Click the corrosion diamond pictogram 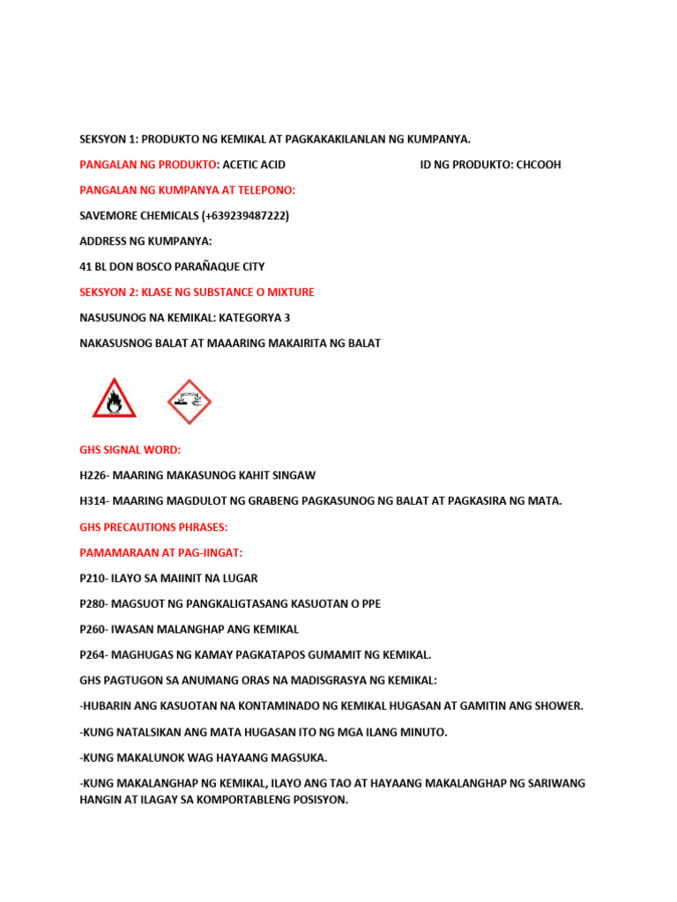[190, 401]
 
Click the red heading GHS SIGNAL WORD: [130, 450]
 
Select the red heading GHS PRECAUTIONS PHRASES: [153, 527]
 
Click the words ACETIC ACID [254, 165]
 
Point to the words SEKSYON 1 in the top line [110, 139]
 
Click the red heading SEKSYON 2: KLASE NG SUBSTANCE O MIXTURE [197, 292]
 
